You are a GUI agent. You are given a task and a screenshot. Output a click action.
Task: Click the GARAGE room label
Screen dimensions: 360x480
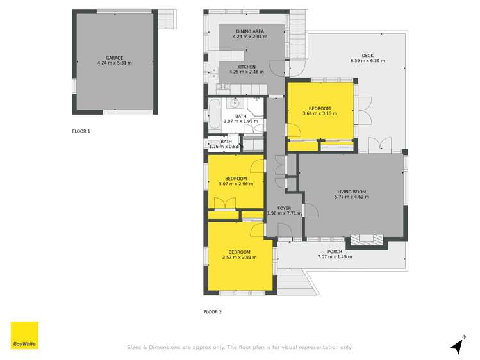114,57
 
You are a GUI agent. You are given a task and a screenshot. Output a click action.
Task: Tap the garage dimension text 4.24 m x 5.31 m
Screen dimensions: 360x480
114,63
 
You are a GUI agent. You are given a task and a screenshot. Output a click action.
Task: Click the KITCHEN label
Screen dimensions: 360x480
247,67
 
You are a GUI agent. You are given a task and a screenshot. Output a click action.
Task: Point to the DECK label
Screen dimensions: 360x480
367,55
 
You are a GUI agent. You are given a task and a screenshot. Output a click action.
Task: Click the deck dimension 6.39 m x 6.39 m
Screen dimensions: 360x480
367,61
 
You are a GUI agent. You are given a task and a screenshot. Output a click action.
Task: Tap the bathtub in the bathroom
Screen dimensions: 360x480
214,115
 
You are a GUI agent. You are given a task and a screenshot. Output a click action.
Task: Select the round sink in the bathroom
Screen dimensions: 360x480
235,102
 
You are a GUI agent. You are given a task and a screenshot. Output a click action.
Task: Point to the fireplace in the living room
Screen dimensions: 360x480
367,241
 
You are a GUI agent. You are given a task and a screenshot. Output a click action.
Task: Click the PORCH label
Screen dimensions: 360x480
335,251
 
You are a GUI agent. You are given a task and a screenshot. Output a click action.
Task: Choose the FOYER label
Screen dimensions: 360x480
284,208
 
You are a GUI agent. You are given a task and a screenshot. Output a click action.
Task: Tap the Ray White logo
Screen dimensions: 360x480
24,335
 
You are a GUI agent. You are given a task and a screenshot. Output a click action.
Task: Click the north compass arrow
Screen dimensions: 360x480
456,347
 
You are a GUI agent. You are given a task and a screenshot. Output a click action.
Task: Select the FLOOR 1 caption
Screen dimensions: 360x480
81,131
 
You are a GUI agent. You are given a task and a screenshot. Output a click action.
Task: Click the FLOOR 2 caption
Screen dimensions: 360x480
212,312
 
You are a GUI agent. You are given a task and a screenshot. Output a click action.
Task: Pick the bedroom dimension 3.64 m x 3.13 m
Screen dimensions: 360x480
320,114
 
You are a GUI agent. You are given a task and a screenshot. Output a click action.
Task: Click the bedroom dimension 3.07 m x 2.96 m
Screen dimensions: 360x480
236,184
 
